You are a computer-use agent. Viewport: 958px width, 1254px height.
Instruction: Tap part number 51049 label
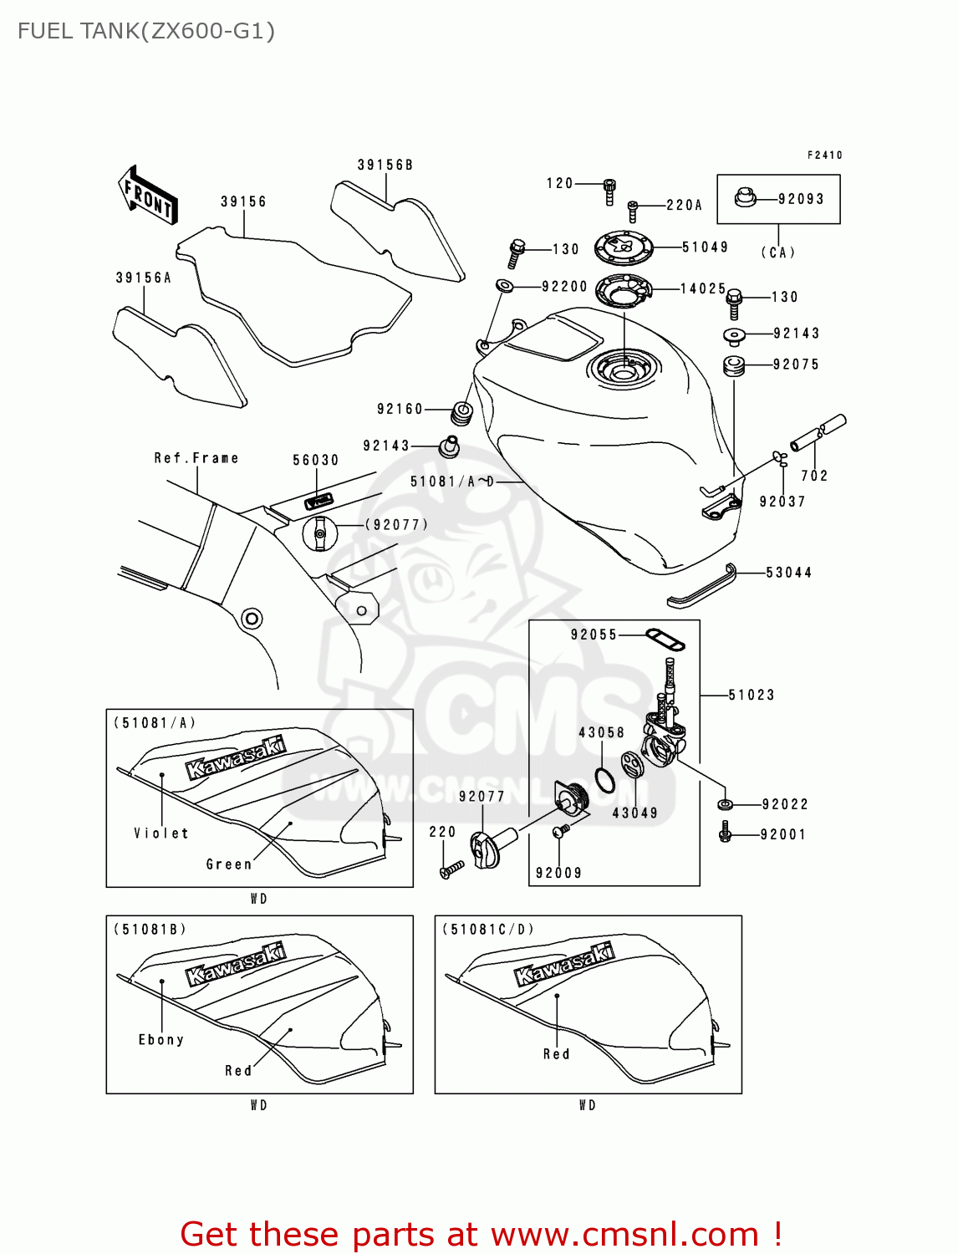[705, 247]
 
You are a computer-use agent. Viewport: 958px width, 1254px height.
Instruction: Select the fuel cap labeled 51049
[623, 247]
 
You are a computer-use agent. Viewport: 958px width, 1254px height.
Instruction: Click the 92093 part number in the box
[801, 199]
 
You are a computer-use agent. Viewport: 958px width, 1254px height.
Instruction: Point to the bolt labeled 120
[609, 192]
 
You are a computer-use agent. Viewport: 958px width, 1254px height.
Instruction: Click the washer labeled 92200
[505, 287]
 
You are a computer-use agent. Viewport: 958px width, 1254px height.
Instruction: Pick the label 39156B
[385, 165]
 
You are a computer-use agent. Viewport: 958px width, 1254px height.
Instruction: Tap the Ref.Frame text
[196, 458]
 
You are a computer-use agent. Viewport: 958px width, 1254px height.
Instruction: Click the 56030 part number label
[315, 460]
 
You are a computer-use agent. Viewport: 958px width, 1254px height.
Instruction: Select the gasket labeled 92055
[665, 640]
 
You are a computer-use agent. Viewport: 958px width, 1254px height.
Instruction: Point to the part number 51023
[751, 695]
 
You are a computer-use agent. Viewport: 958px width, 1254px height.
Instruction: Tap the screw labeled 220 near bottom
[451, 870]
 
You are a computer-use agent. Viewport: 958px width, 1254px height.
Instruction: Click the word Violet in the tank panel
[161, 833]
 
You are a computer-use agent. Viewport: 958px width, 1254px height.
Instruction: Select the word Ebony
[161, 1039]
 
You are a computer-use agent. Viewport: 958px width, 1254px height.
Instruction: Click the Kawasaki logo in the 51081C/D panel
[563, 963]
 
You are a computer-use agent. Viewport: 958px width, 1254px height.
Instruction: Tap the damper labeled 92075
[733, 365]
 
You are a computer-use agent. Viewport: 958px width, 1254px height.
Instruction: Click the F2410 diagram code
[824, 155]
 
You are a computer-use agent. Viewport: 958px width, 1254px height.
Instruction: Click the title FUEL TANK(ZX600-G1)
[146, 31]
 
